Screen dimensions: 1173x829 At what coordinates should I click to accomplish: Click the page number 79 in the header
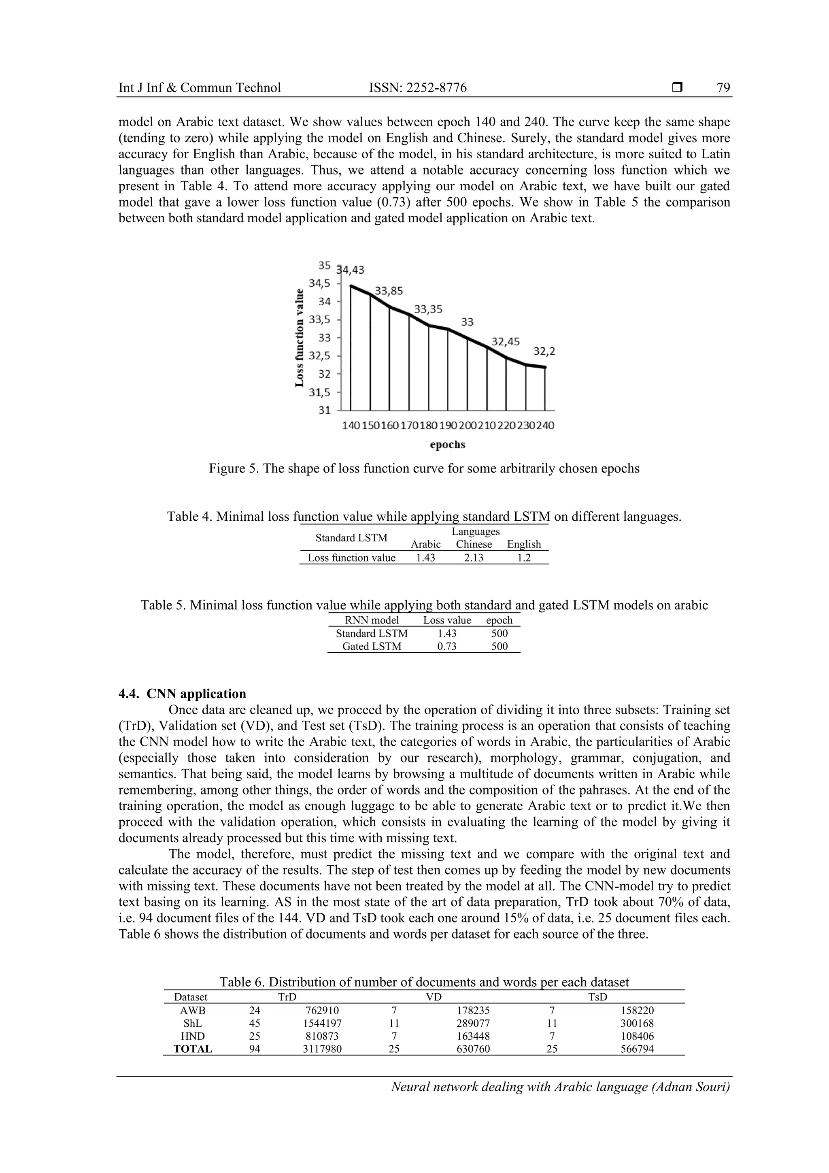(x=723, y=88)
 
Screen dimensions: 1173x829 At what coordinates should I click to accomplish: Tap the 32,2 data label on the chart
(x=544, y=351)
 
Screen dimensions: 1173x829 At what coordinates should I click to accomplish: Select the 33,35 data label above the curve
(x=428, y=309)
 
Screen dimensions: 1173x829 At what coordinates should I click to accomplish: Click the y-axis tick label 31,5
(x=320, y=392)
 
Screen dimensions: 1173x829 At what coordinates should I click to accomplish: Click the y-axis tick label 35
(x=324, y=265)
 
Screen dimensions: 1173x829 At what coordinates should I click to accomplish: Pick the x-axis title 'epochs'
(x=447, y=445)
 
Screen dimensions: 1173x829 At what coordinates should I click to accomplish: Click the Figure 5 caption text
(x=424, y=468)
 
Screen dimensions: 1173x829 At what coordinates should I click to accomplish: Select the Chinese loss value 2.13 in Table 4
(x=474, y=558)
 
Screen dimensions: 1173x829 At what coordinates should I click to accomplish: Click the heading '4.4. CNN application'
(x=182, y=694)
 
